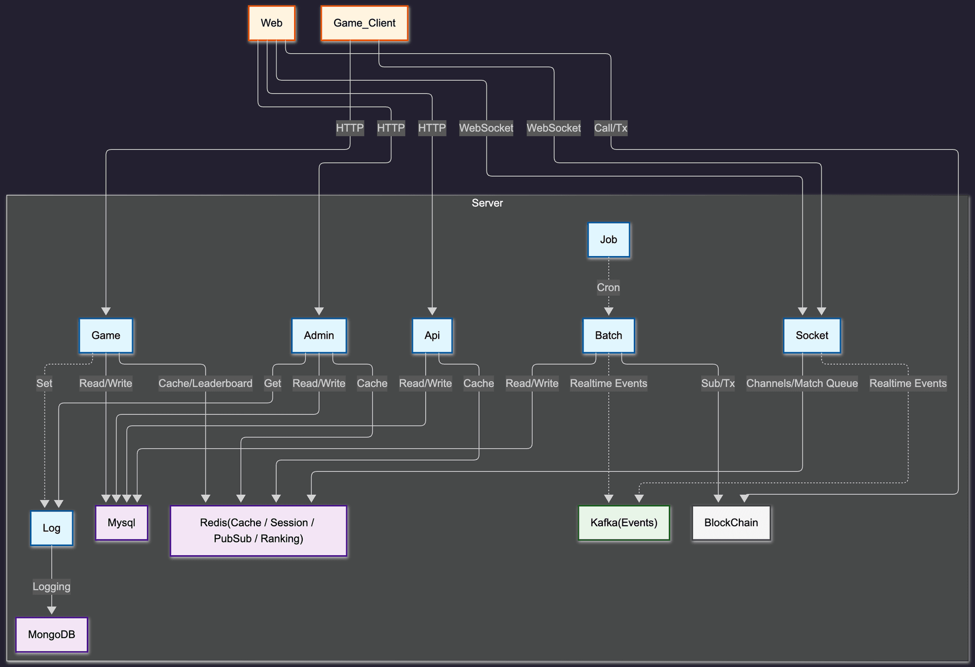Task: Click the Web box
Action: click(272, 23)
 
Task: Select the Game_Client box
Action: click(364, 23)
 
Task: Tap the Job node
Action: click(608, 240)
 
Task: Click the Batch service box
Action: click(608, 335)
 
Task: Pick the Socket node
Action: click(811, 335)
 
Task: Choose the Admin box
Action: click(319, 335)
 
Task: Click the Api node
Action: click(432, 335)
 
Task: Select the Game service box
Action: click(106, 335)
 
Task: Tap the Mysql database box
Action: click(121, 523)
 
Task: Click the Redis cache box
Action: click(258, 530)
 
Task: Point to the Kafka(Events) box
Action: click(624, 523)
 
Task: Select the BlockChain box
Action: click(731, 523)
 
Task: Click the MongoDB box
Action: click(51, 634)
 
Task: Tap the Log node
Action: click(51, 528)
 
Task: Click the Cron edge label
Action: click(608, 288)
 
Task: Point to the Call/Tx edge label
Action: click(610, 128)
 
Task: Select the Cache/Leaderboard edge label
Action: click(205, 384)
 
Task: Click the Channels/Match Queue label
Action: click(802, 384)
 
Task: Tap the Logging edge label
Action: click(51, 587)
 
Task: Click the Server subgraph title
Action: click(487, 203)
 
